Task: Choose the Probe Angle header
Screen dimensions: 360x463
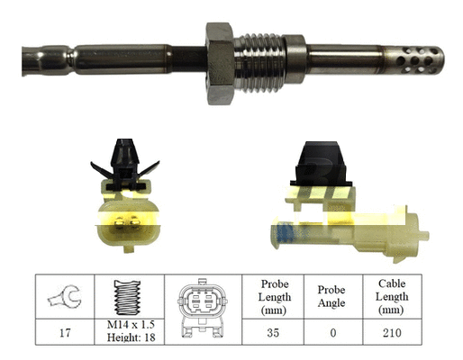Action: pos(331,296)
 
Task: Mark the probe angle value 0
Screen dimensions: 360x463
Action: pos(331,332)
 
